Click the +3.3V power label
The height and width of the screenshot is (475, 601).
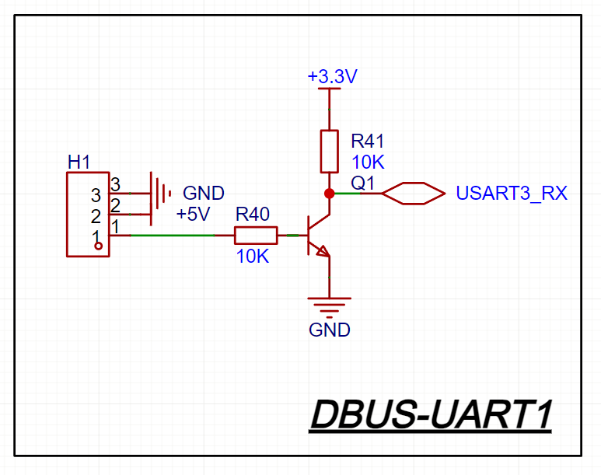pyautogui.click(x=332, y=77)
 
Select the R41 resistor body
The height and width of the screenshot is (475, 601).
pyautogui.click(x=330, y=151)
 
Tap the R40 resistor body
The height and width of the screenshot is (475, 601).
pyautogui.click(x=256, y=235)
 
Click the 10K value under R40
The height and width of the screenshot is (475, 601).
pyautogui.click(x=253, y=257)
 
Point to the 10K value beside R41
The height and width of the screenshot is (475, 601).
pyautogui.click(x=367, y=162)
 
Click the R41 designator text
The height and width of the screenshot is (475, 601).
pyautogui.click(x=368, y=141)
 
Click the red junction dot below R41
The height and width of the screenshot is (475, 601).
pyautogui.click(x=330, y=193)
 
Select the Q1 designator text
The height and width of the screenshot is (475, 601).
pyautogui.click(x=363, y=183)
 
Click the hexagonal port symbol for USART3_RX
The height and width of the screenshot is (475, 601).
pyautogui.click(x=413, y=193)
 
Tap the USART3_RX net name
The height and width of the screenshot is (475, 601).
pyautogui.click(x=512, y=194)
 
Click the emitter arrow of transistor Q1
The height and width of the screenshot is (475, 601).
pyautogui.click(x=322, y=250)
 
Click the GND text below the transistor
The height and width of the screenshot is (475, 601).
pyautogui.click(x=330, y=330)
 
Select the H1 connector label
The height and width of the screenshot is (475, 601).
pyautogui.click(x=79, y=162)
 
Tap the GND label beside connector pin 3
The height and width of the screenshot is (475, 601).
pyautogui.click(x=203, y=193)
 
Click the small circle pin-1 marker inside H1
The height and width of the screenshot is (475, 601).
pyautogui.click(x=98, y=246)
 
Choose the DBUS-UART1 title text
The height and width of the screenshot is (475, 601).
pyautogui.click(x=431, y=415)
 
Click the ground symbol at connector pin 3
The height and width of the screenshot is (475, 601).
pyautogui.click(x=160, y=193)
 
